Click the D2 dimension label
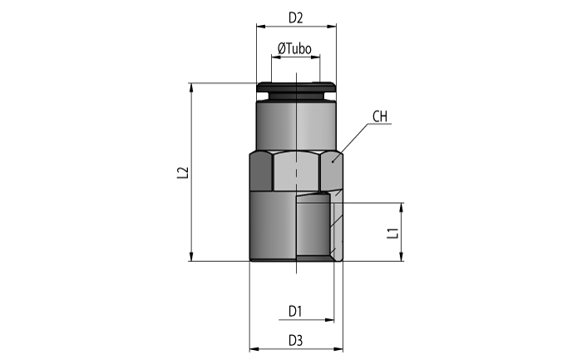[295, 17]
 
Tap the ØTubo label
[294, 48]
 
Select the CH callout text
[380, 116]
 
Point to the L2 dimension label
[183, 173]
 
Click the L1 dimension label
[392, 233]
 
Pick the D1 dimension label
[295, 312]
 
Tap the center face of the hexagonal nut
[296, 171]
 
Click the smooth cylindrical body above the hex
[296, 125]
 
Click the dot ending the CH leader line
[333, 161]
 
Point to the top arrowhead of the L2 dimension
[191, 87]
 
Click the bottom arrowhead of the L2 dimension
[191, 256]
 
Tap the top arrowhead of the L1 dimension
[402, 208]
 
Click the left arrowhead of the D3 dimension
[254, 349]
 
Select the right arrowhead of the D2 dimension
[332, 27]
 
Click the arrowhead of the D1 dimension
[329, 319]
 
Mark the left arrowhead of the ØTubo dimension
[276, 57]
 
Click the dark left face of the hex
[261, 171]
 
